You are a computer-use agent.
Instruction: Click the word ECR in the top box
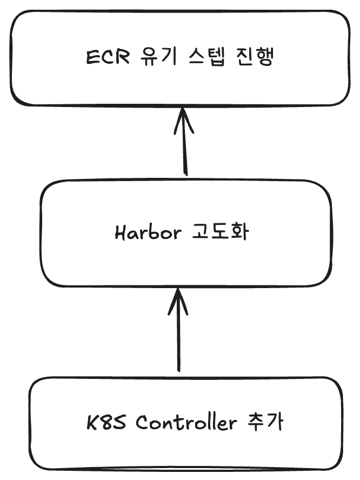point(108,57)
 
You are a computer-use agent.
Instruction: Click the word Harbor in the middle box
point(147,234)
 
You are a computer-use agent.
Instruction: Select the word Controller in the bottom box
point(186,423)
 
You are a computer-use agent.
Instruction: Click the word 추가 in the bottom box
point(264,423)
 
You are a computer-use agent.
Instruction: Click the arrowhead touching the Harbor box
point(178,300)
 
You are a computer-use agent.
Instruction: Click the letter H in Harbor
point(121,234)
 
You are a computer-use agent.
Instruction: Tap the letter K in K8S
point(92,423)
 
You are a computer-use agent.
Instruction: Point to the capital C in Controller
point(142,423)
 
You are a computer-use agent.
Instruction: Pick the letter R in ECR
point(123,57)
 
